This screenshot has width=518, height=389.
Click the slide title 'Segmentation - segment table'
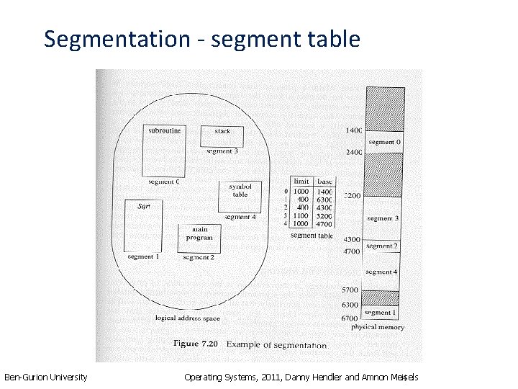click(201, 39)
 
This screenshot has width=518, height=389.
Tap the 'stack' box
click(222, 135)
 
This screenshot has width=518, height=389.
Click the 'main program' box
click(199, 237)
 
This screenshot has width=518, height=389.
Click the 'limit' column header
click(301, 182)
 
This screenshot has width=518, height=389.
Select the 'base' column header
click(324, 182)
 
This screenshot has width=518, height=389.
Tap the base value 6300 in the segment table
click(324, 200)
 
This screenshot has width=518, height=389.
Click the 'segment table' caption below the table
click(312, 236)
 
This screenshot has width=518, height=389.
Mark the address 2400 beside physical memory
click(353, 153)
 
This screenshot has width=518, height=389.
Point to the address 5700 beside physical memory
click(350, 290)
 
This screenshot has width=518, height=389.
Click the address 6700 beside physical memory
click(350, 318)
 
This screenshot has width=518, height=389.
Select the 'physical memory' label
click(378, 327)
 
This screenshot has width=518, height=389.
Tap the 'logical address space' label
click(188, 318)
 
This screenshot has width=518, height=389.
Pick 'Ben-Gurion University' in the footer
click(46, 377)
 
